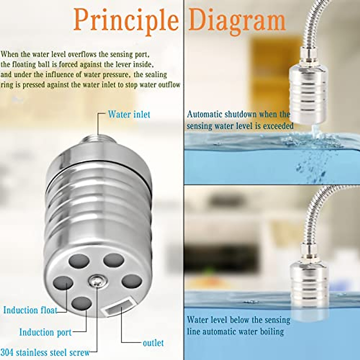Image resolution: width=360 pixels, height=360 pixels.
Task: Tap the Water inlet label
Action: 129,114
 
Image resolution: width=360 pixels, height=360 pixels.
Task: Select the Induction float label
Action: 30,310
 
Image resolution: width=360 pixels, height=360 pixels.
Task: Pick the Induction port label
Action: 45,332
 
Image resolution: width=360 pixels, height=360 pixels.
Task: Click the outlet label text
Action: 153,343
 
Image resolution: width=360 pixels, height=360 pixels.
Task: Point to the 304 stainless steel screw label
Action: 45,352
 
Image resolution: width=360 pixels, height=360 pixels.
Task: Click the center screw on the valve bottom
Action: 95,281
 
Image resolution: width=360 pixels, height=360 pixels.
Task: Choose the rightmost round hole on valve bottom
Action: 132,281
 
